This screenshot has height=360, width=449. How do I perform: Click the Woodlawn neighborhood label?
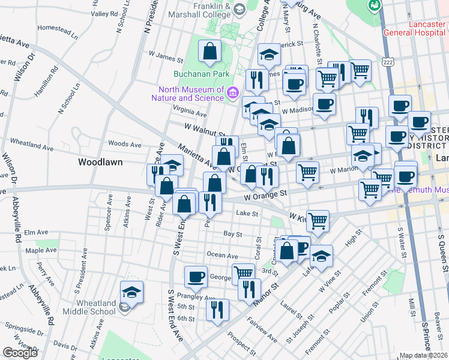click(x=101, y=162)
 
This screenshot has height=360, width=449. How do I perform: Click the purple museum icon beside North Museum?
click(x=233, y=92)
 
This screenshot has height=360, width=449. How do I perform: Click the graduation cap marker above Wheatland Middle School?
click(x=131, y=292)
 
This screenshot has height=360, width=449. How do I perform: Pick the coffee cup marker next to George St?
click(x=196, y=277)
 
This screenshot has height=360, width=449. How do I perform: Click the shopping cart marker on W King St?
click(x=318, y=220)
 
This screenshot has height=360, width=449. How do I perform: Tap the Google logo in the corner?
click(x=20, y=353)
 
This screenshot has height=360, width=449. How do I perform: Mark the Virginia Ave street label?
click(x=190, y=111)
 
